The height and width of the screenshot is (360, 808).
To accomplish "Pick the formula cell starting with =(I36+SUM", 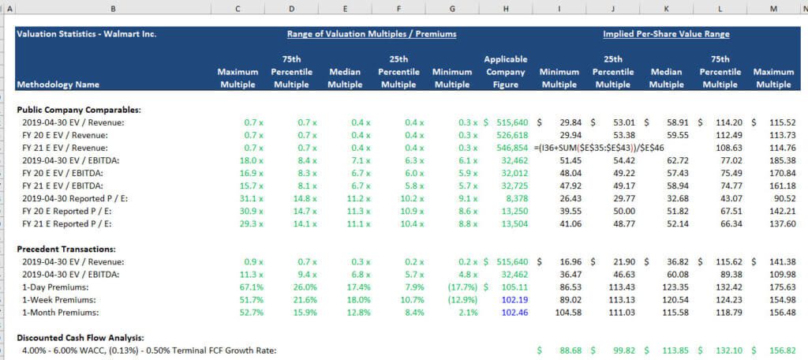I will click(599, 148).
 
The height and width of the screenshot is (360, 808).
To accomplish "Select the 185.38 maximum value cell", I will click(779, 160).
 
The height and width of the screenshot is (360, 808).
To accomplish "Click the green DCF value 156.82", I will click(779, 350).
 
